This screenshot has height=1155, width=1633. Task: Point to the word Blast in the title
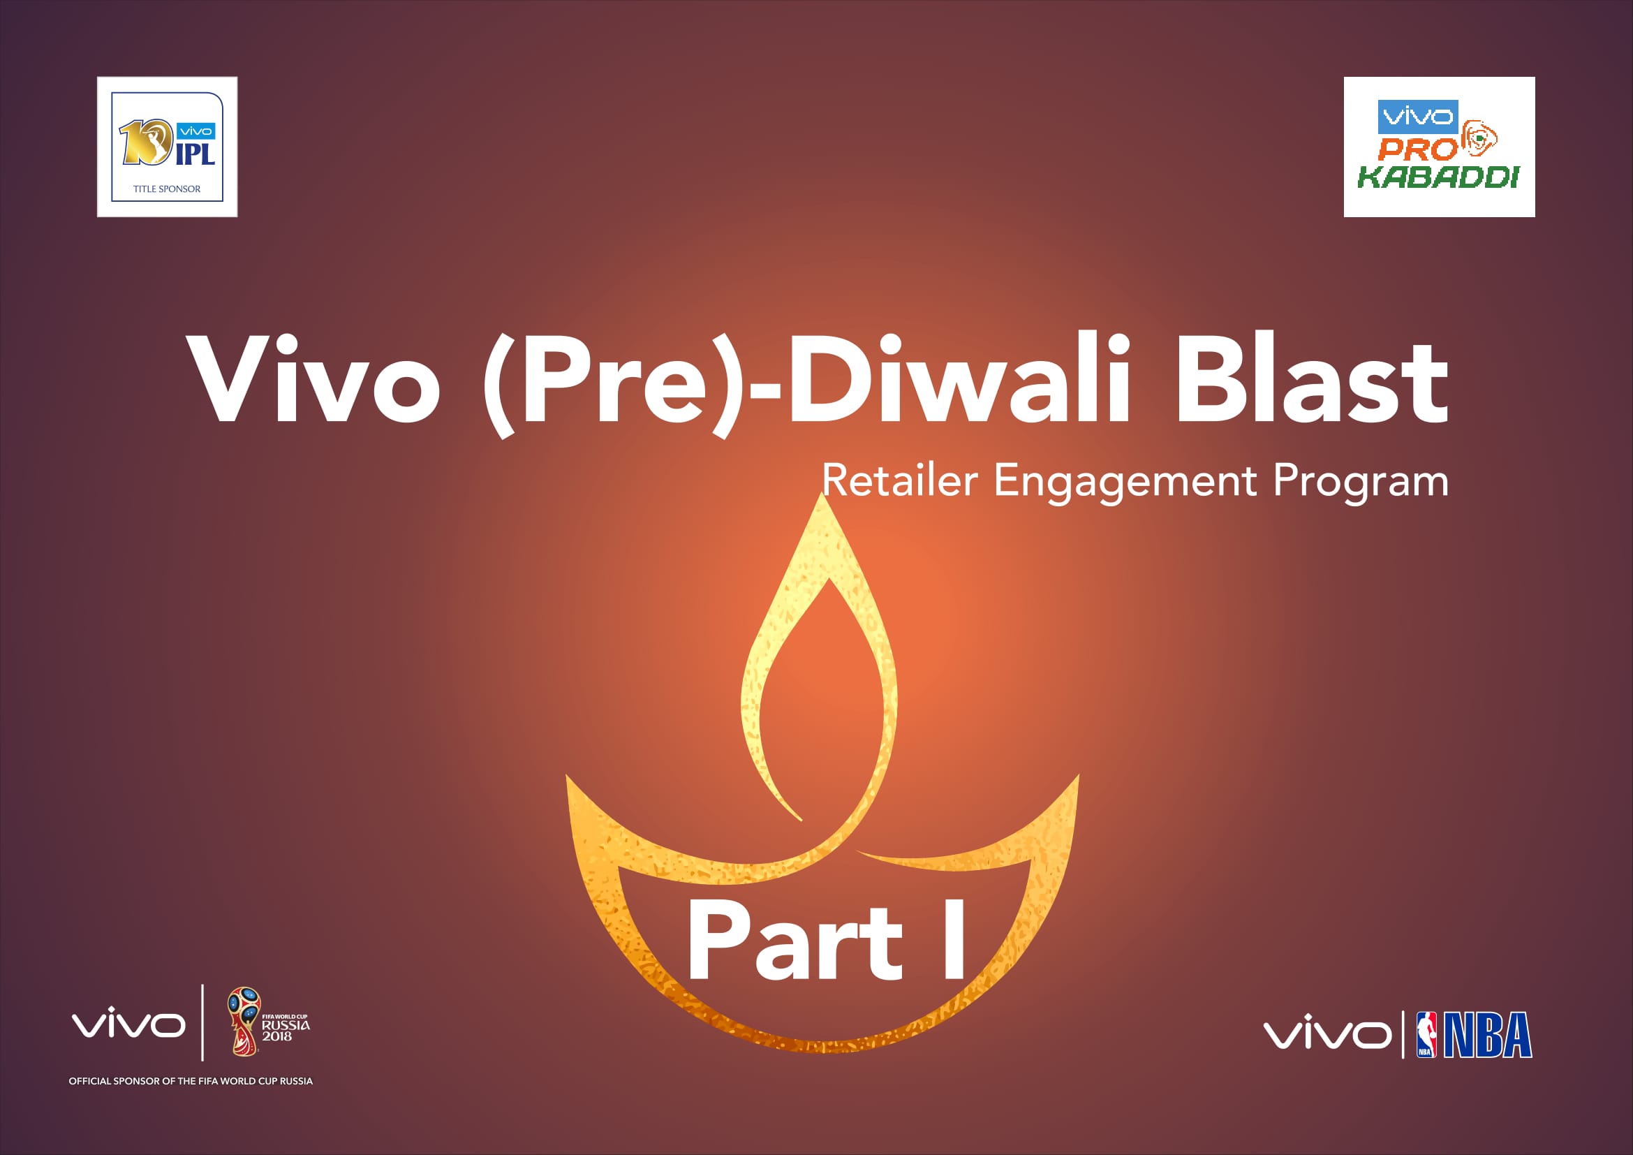pos(1313,378)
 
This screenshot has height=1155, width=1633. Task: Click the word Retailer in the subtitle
pos(901,480)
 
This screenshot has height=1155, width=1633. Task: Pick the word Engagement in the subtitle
pos(1125,483)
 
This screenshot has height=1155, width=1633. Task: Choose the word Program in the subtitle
pos(1361,483)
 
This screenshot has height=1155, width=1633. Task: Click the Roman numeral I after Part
pos(954,939)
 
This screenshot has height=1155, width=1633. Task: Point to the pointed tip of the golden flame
pos(823,494)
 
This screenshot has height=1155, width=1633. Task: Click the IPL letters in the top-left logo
pos(195,152)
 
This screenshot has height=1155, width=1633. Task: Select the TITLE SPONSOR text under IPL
pos(167,189)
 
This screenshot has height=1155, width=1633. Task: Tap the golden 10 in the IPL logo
pos(146,142)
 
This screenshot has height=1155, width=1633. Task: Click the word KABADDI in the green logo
pos(1438,177)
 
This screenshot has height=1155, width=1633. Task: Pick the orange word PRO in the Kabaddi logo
pos(1418,149)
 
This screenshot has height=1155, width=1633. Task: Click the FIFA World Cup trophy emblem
pos(244,1022)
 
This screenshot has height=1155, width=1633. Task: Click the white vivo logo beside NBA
pos(1327,1033)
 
